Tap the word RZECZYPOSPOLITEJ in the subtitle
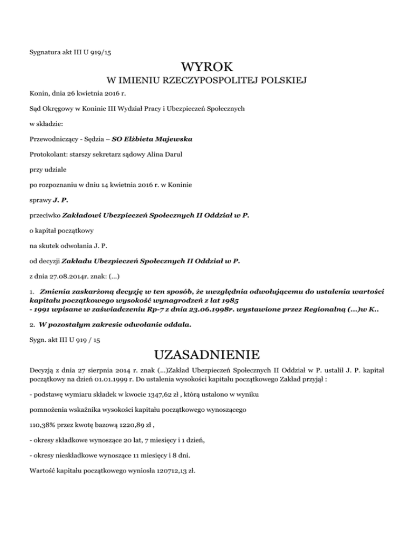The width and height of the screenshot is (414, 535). (208, 81)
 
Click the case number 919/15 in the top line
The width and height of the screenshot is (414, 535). (101, 52)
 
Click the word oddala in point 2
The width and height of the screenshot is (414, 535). (175, 326)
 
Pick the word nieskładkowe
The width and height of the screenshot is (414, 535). (82, 455)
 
